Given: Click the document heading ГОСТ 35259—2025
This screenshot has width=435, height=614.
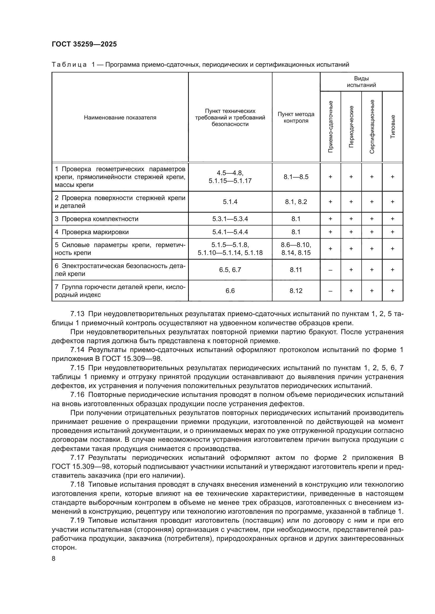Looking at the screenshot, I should pyautogui.click(x=84, y=44).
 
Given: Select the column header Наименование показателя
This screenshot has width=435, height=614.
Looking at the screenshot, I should pyautogui.click(x=120, y=118).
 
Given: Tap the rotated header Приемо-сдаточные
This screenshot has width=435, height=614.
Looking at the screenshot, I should pyautogui.click(x=331, y=127).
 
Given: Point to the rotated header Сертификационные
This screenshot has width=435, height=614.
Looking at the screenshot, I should pyautogui.click(x=372, y=127).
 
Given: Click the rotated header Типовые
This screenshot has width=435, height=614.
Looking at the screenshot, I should pyautogui.click(x=393, y=127).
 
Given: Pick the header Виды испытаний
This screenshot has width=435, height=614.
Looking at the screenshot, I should pyautogui.click(x=361, y=82).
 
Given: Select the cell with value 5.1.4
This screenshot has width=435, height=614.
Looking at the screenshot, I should pyautogui.click(x=230, y=202).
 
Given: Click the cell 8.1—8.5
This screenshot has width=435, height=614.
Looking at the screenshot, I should pyautogui.click(x=296, y=177).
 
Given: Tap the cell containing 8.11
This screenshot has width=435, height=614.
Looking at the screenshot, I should pyautogui.click(x=296, y=270).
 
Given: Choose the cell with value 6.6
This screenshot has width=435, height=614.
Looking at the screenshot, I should pyautogui.click(x=230, y=291).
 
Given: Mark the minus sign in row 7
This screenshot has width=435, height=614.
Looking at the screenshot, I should pyautogui.click(x=331, y=291).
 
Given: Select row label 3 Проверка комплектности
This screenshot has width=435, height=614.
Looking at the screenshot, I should pyautogui.click(x=97, y=219).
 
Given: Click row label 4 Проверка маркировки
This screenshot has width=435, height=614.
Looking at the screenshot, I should pyautogui.click(x=92, y=232).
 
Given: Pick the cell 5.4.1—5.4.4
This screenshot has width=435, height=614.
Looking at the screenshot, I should pyautogui.click(x=230, y=232).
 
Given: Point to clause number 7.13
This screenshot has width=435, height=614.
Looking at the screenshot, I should pyautogui.click(x=77, y=314).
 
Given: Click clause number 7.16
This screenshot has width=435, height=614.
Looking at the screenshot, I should pyautogui.click(x=77, y=395).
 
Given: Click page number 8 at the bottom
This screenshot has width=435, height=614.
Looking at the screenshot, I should pyautogui.click(x=54, y=559).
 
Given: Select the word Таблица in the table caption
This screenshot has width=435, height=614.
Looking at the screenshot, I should pyautogui.click(x=69, y=65).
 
